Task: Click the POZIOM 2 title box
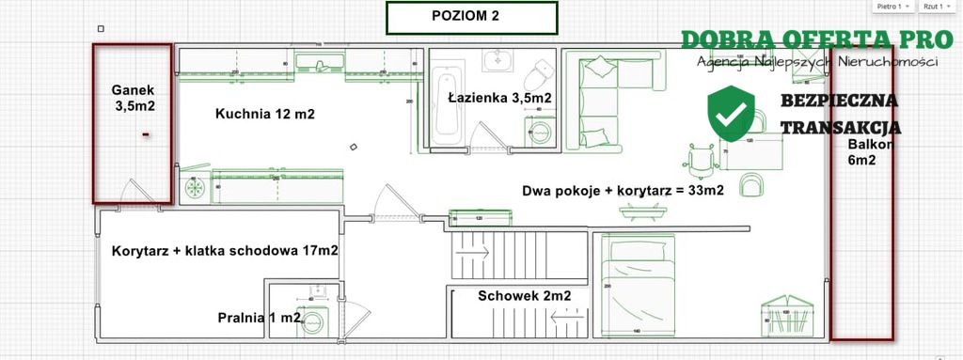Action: click(x=471, y=17)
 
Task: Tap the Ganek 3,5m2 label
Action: click(x=133, y=98)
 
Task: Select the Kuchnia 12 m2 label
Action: click(x=264, y=115)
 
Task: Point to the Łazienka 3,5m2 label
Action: click(x=498, y=98)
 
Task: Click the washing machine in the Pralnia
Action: click(x=312, y=321)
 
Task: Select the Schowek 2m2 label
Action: click(x=524, y=295)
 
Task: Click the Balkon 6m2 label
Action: click(x=862, y=152)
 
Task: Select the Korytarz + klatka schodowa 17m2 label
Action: click(x=225, y=252)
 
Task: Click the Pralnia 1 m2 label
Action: click(x=260, y=318)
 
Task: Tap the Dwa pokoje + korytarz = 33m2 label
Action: click(x=624, y=191)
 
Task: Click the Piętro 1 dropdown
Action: click(x=893, y=7)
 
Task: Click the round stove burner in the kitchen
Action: click(x=196, y=188)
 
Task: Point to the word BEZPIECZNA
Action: click(x=839, y=101)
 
